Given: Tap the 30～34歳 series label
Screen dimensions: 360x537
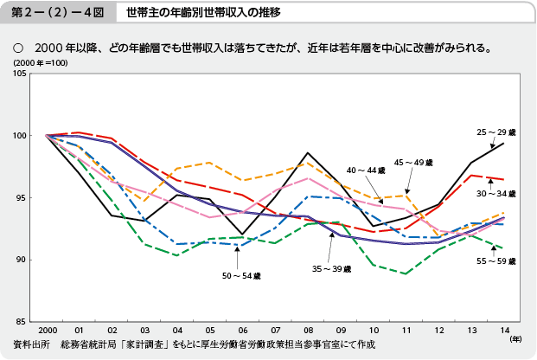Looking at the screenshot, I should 496,194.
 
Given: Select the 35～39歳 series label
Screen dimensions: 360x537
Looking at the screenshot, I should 332,269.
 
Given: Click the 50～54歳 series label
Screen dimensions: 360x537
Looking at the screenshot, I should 236,275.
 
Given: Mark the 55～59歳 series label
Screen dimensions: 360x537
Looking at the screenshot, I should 496,260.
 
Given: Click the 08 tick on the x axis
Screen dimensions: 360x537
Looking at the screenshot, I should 308,331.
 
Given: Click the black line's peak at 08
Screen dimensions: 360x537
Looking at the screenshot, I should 309,152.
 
